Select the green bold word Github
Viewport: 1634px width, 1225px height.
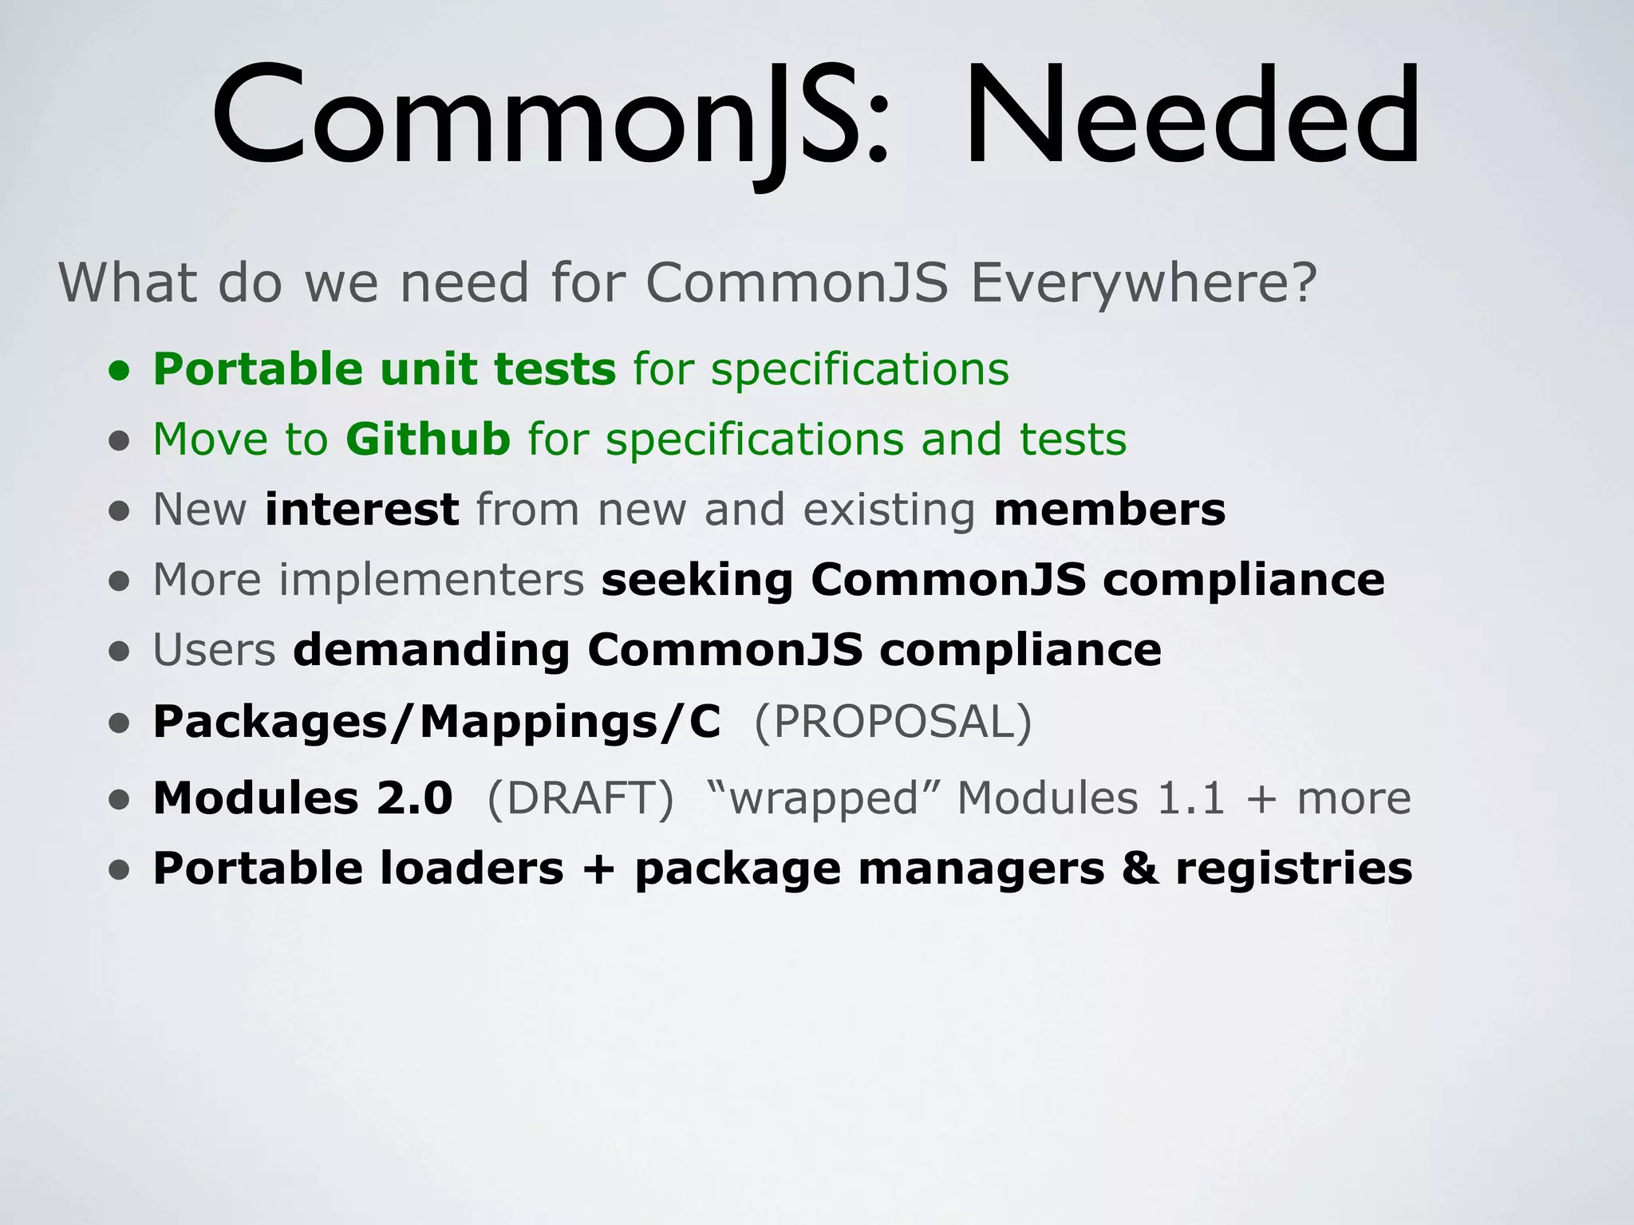(428, 439)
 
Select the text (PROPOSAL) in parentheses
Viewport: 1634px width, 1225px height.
(893, 721)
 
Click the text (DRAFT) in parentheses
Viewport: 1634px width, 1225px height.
(580, 798)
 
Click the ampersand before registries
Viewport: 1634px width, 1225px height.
(1140, 868)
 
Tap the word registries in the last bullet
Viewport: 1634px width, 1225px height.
(1293, 868)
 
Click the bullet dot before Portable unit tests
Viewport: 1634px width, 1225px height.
(119, 371)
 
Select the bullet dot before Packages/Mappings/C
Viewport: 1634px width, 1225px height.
(119, 723)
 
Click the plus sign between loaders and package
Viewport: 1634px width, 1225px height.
(598, 868)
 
